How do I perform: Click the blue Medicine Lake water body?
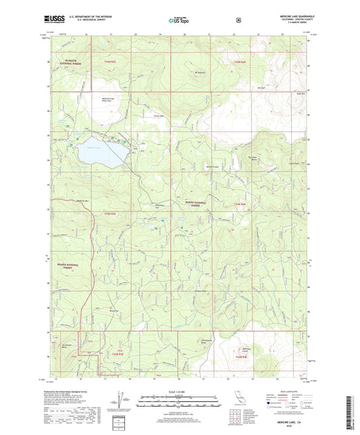[x=98, y=153]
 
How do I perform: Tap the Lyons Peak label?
[x=292, y=163]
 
